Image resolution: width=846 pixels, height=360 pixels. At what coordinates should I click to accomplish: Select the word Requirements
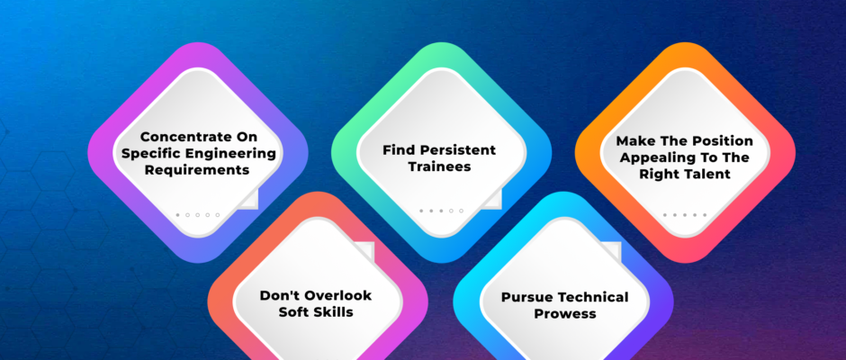point(198,170)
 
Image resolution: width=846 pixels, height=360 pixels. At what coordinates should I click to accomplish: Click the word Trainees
point(440,166)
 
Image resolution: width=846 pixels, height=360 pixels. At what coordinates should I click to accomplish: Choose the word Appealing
point(654,157)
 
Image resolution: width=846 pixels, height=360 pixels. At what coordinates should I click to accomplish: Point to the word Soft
point(293,312)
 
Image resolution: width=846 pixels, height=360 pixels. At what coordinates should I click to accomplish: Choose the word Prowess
point(565,314)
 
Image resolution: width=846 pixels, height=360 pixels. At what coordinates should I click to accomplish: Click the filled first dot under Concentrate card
point(177,215)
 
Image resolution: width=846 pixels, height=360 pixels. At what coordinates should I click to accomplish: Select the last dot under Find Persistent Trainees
point(462,211)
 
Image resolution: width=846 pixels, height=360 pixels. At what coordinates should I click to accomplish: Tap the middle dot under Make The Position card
point(685,215)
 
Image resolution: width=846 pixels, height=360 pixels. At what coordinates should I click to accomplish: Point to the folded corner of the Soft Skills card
point(365,251)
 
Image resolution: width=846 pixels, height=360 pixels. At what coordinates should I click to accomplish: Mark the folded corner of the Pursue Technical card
point(611,251)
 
